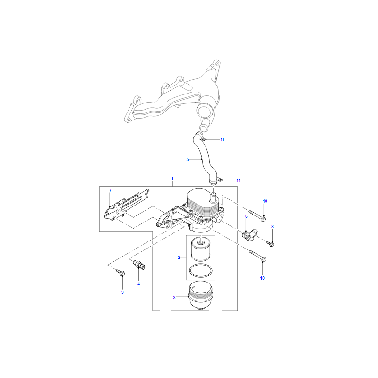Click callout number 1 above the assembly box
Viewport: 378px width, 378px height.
(x=172, y=179)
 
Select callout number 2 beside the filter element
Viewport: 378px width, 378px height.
(x=179, y=258)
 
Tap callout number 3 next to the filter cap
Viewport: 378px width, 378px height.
(x=174, y=298)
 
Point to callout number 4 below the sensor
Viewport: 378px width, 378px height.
(x=138, y=284)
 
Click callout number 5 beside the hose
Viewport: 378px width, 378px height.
(x=188, y=160)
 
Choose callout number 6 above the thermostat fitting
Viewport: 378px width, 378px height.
(x=246, y=216)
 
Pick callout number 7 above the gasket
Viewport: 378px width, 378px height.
(x=111, y=190)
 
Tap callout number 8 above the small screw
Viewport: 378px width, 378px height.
(x=273, y=227)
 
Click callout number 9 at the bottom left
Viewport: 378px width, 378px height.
(x=122, y=292)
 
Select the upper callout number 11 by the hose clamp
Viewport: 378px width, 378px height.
(x=222, y=140)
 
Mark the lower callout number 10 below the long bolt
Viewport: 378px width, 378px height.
(x=262, y=278)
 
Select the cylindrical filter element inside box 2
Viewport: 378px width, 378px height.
(x=200, y=249)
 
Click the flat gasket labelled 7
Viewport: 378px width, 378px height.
(x=127, y=205)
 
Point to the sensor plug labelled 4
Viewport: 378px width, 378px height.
(x=139, y=265)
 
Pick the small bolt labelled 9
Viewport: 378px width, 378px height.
(x=120, y=273)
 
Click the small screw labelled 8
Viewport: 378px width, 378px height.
(x=270, y=243)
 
